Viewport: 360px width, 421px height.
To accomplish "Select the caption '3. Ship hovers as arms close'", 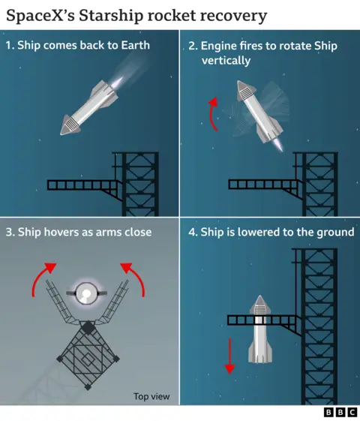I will point(79,232).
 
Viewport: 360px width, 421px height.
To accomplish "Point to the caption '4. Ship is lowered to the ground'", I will point(271,232).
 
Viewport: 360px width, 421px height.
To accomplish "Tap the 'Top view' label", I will point(151,396).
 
